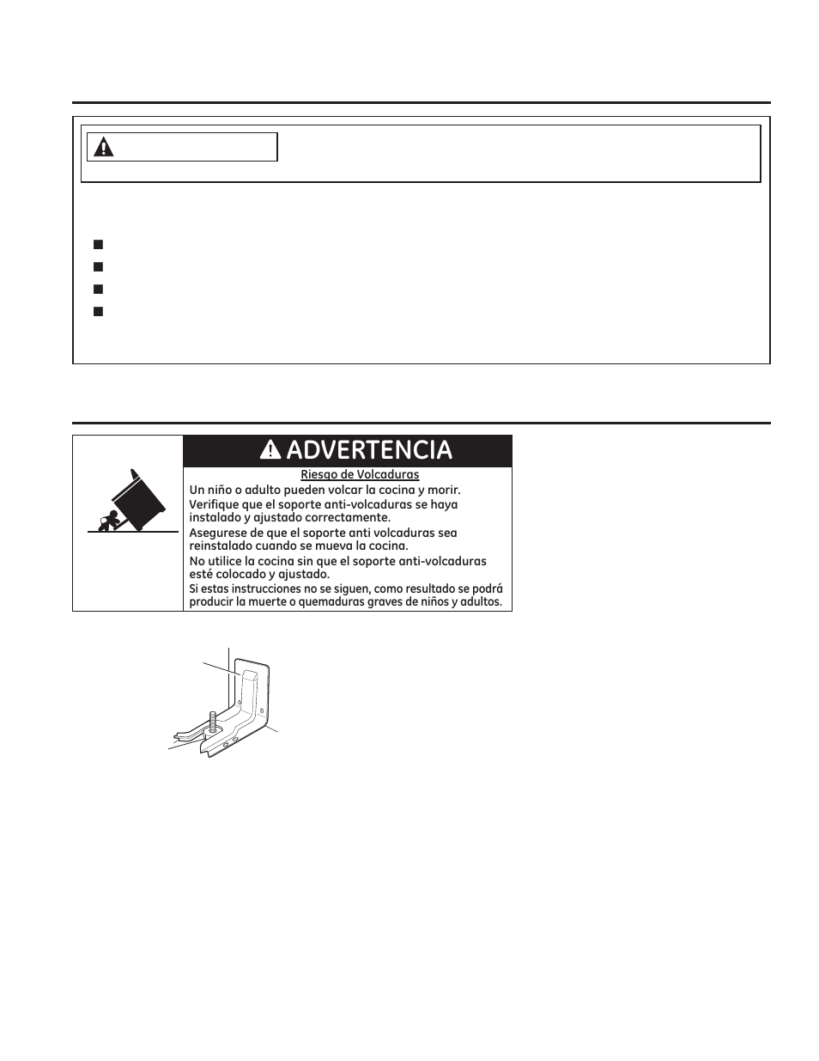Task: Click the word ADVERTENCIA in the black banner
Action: tap(369, 450)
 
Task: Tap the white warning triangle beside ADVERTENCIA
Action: tap(270, 450)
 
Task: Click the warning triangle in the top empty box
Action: tap(104, 147)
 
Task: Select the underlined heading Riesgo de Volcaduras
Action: tap(360, 474)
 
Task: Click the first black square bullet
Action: tap(98, 244)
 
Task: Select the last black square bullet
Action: tap(98, 311)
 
